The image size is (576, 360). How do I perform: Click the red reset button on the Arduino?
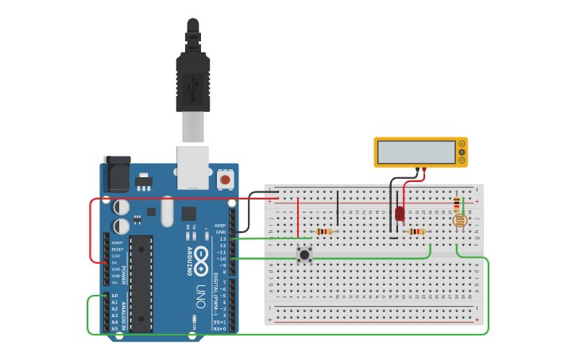225,180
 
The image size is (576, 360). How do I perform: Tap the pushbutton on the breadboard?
304,254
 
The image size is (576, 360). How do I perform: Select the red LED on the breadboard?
400,213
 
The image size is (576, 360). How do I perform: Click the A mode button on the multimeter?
462,144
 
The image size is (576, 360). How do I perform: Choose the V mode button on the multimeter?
462,152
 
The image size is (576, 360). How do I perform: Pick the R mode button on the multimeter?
462,160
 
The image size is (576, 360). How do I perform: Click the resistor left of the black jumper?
323,232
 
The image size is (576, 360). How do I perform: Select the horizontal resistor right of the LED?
416,232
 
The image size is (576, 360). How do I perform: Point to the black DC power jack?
118,176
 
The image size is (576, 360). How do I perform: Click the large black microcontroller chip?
141,283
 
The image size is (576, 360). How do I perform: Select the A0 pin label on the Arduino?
114,296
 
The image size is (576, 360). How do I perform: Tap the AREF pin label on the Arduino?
220,225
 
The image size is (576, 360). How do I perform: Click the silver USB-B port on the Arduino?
193,165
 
